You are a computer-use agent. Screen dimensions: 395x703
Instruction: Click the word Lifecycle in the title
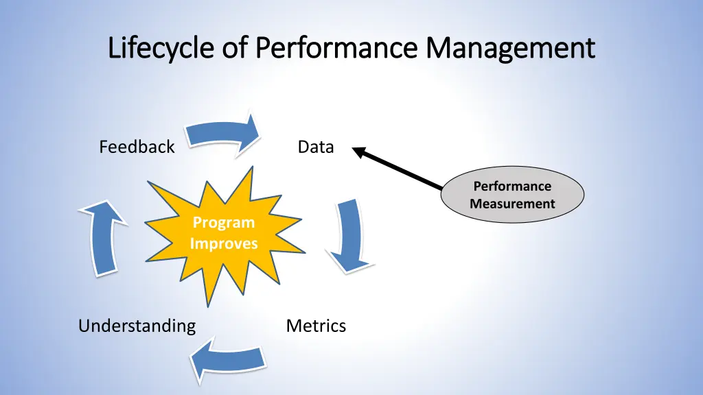pyautogui.click(x=162, y=49)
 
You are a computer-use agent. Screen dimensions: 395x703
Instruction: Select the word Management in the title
pyautogui.click(x=509, y=49)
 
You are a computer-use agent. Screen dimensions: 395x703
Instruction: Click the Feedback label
pyautogui.click(x=137, y=147)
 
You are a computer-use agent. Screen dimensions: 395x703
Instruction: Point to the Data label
pyautogui.click(x=316, y=147)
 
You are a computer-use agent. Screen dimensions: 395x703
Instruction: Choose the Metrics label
pyautogui.click(x=316, y=326)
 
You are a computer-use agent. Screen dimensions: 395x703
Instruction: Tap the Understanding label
pyautogui.click(x=137, y=326)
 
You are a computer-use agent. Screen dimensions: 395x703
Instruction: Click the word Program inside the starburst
pyautogui.click(x=223, y=223)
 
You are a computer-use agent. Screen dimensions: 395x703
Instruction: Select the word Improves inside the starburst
pyautogui.click(x=224, y=243)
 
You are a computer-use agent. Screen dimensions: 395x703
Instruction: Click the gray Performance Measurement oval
pyautogui.click(x=512, y=195)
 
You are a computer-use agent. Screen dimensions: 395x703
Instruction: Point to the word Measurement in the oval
pyautogui.click(x=512, y=204)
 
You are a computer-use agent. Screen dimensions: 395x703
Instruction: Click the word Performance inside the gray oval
pyautogui.click(x=512, y=187)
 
